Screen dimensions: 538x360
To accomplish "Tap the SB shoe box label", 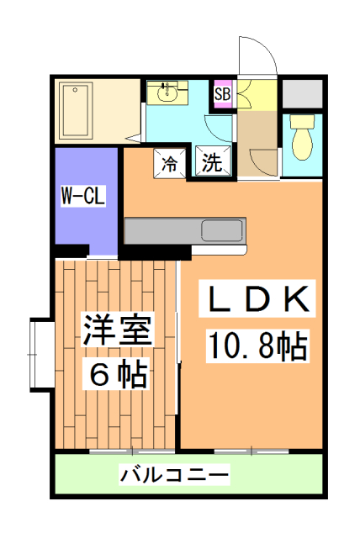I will coord(222,93).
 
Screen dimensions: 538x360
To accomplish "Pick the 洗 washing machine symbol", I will coord(211,162).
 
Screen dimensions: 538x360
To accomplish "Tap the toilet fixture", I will coord(302,137).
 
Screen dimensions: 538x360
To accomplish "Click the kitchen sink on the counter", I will coord(222,229).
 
